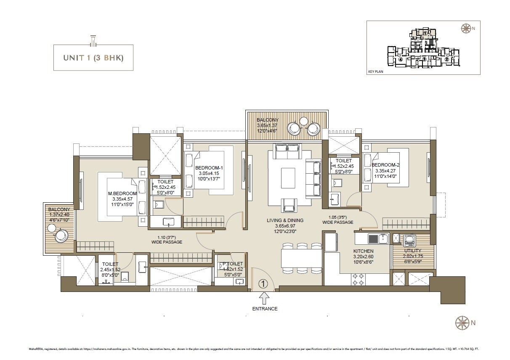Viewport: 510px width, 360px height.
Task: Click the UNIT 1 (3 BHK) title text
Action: [93, 57]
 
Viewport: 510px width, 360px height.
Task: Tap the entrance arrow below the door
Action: [264, 298]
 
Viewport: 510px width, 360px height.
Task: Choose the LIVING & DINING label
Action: [285, 220]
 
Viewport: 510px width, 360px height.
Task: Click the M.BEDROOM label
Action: [122, 193]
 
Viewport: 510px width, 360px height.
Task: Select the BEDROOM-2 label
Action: [385, 164]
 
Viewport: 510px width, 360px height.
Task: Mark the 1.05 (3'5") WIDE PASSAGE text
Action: [337, 220]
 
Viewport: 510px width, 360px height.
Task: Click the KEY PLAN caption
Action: [375, 71]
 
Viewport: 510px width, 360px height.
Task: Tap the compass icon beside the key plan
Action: [466, 29]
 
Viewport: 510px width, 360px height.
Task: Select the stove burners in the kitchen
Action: [359, 279]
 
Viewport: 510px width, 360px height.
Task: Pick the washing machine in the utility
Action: [409, 241]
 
